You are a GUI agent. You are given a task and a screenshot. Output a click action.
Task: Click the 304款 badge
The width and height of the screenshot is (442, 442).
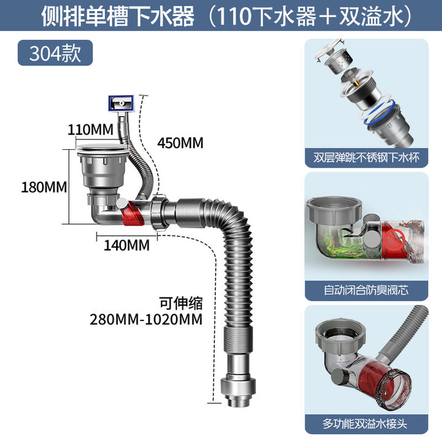[x=55, y=53]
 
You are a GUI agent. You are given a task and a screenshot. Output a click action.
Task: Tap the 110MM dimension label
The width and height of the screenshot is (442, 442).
[x=90, y=130]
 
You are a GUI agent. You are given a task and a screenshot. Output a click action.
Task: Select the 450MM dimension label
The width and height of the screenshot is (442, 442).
[x=180, y=143]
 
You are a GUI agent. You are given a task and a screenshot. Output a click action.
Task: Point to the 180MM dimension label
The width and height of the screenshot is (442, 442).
[x=44, y=187]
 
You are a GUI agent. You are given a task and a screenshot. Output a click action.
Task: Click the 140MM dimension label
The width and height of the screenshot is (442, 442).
[x=127, y=245]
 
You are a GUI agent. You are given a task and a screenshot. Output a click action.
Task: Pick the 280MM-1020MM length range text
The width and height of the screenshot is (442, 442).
[x=146, y=319]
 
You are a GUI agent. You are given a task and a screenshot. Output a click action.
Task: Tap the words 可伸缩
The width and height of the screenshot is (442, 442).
[x=181, y=303]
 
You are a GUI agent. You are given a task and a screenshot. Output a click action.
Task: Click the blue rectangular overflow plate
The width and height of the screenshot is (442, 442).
[x=121, y=104]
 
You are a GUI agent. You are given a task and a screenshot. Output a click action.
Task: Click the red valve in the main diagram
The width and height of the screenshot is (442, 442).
[x=132, y=214]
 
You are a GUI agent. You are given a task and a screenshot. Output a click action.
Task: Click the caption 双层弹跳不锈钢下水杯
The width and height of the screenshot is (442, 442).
[x=366, y=157]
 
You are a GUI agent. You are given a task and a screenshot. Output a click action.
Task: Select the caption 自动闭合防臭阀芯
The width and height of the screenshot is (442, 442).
[x=366, y=290]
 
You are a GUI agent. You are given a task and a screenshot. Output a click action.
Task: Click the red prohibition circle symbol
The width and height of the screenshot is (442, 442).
[x=394, y=240]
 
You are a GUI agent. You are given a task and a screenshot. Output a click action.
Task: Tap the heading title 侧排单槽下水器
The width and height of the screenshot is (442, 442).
[x=118, y=16]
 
